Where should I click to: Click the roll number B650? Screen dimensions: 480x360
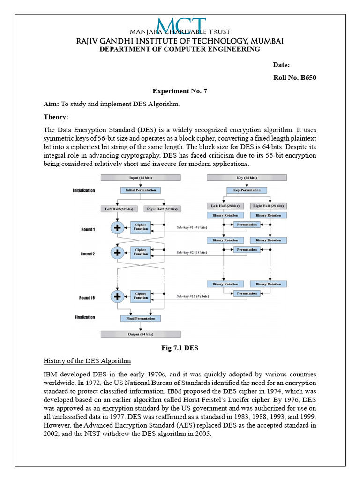(x=294, y=78)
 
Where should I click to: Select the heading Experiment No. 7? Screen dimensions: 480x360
(x=180, y=91)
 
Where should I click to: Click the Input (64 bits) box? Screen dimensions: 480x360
(x=141, y=178)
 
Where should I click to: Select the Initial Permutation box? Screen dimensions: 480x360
(x=141, y=190)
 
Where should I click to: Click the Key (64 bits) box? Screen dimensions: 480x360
(x=247, y=178)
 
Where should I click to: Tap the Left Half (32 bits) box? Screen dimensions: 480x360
(x=119, y=209)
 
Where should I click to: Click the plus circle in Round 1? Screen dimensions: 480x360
(x=117, y=228)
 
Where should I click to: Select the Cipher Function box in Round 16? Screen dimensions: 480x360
(x=141, y=296)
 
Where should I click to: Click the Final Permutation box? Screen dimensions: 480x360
(x=141, y=318)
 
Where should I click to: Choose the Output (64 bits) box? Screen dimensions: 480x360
(x=141, y=334)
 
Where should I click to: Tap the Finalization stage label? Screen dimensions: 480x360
(x=84, y=317)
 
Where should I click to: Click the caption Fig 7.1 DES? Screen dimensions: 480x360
(x=180, y=348)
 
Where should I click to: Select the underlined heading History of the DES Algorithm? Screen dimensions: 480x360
(x=87, y=361)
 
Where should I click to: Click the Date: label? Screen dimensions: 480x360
(x=281, y=65)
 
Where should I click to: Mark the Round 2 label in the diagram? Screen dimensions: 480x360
(x=88, y=254)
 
